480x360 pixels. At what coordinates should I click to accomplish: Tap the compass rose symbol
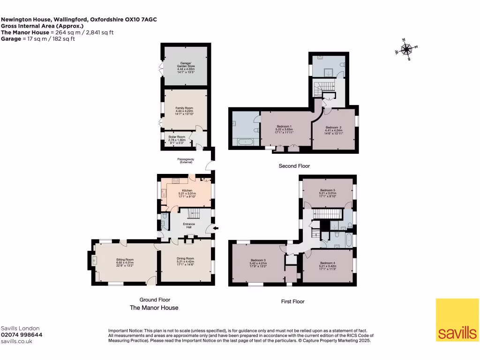coord(406,49)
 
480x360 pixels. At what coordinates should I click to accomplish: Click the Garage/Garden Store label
coord(185,67)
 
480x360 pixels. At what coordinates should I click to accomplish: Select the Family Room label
coord(184,111)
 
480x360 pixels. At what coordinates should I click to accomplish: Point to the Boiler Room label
coord(177,139)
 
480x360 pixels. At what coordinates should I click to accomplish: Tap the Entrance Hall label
coord(189,225)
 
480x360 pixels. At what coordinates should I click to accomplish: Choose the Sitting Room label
coord(125,262)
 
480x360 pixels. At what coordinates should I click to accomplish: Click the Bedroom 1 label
coord(285,129)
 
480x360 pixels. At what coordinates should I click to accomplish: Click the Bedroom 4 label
coord(328,266)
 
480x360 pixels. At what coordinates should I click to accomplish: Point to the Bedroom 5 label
coord(327,193)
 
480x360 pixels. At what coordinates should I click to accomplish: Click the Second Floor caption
coord(294,166)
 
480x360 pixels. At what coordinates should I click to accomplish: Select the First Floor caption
coord(292,301)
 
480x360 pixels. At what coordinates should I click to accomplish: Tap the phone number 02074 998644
coord(22,335)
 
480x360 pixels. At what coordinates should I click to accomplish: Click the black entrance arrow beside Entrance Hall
coord(216,229)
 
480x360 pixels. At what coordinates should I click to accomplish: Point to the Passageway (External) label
coord(186,160)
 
